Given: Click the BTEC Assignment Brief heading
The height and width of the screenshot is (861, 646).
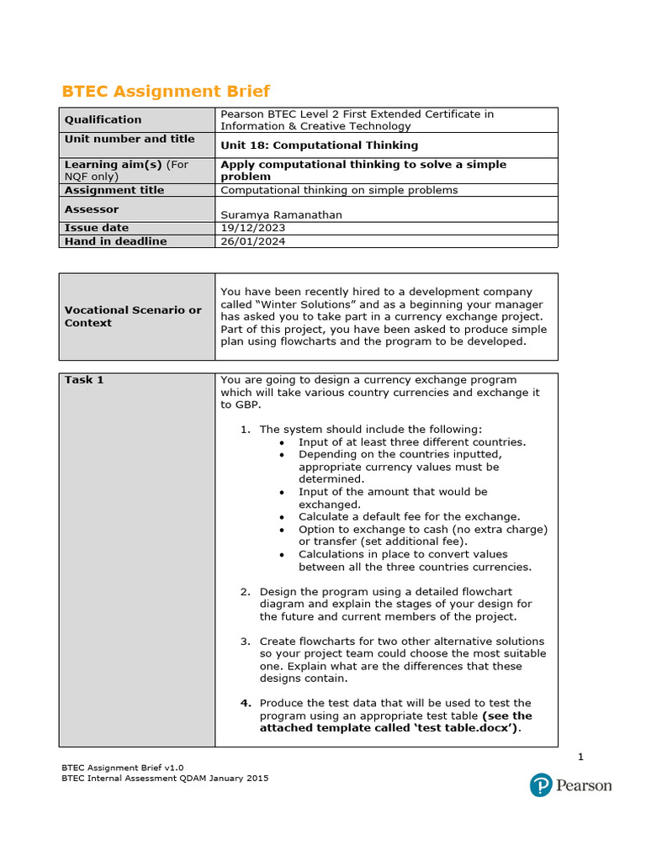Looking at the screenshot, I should tap(166, 92).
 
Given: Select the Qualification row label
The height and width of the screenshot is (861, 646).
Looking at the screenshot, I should tap(103, 119).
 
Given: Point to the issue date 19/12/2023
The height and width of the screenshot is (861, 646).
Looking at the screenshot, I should tap(252, 228).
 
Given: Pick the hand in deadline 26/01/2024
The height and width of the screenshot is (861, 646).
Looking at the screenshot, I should tap(252, 241).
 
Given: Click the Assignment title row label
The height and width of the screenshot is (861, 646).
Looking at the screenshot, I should tap(114, 190).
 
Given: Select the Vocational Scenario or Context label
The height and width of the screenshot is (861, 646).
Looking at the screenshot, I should tap(133, 316).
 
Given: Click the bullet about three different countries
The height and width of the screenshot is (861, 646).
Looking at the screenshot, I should tap(412, 442).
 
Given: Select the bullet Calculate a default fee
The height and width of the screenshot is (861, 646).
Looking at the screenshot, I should tap(409, 516).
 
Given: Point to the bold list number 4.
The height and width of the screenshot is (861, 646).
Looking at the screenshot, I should tap(246, 703).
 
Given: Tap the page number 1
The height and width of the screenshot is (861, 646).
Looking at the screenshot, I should tap(580, 758).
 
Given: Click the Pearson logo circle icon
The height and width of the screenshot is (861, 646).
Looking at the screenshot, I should tap(540, 785).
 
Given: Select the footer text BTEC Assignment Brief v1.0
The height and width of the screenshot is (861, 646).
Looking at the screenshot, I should tap(122, 768).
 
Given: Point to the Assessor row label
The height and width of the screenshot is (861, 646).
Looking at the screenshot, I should tap(92, 209).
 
